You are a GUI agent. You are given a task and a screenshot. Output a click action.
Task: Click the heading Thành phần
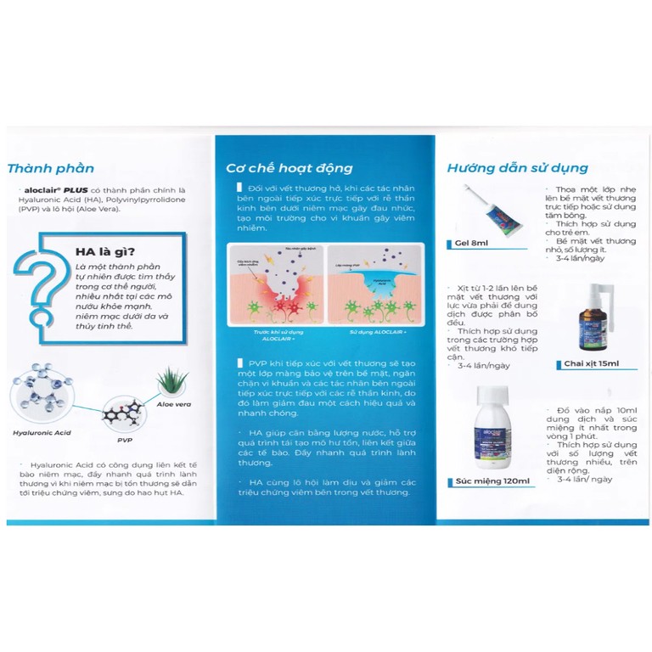point(51,168)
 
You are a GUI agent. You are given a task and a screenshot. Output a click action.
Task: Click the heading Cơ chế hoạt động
point(289,168)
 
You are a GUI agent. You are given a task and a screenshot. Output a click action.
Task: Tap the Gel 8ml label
point(472,244)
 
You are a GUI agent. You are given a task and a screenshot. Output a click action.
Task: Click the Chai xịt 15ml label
point(600,363)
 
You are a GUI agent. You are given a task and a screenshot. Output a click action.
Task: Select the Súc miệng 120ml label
point(493,481)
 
